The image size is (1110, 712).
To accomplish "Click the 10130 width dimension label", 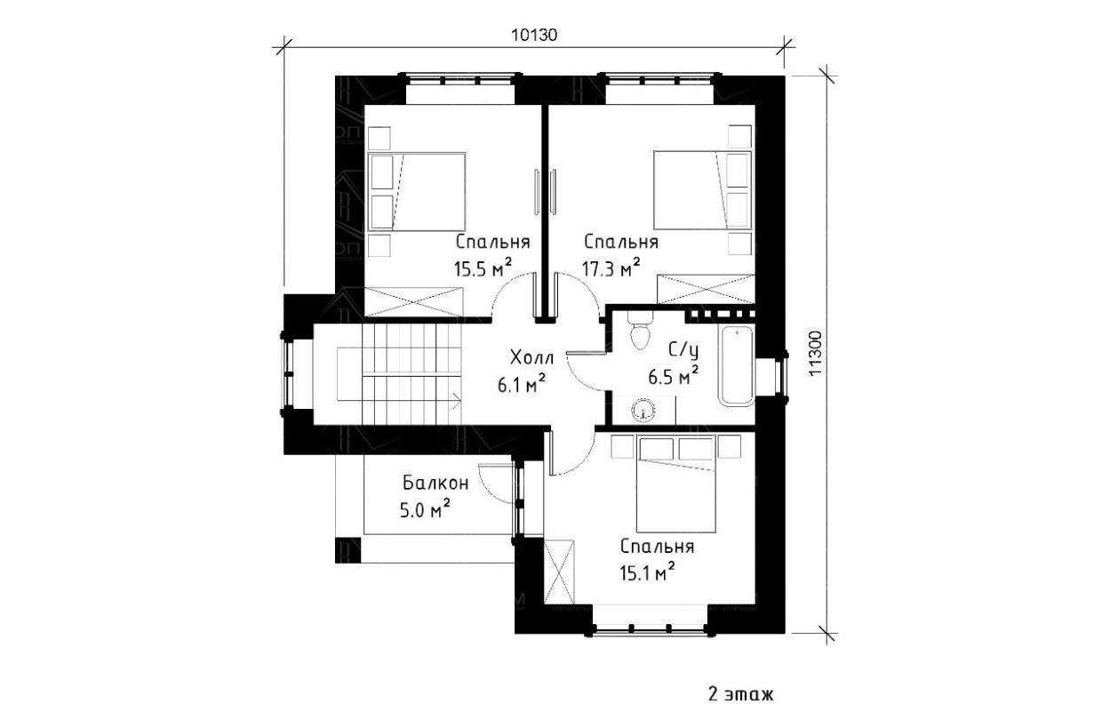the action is click(534, 36).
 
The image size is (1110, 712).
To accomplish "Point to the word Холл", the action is click(531, 356).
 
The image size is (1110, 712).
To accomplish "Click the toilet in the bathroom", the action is click(640, 331).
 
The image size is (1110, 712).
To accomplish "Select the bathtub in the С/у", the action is click(737, 365).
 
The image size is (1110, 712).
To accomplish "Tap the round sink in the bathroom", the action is click(643, 411).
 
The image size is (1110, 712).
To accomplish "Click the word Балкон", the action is click(435, 482).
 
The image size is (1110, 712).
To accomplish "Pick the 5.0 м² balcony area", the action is click(425, 508).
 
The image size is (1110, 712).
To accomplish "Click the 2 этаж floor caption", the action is click(741, 694).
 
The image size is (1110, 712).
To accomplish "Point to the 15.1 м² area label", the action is click(647, 572).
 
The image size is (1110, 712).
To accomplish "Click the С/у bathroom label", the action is click(683, 351).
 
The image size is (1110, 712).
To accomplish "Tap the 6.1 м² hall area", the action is click(522, 383).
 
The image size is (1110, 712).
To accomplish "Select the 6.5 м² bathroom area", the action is click(674, 375).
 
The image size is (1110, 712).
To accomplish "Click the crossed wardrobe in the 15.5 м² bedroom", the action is click(414, 300).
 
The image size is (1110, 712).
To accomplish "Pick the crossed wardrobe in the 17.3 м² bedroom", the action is click(706, 288).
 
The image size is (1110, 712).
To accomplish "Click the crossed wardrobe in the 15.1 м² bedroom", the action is click(559, 571).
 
